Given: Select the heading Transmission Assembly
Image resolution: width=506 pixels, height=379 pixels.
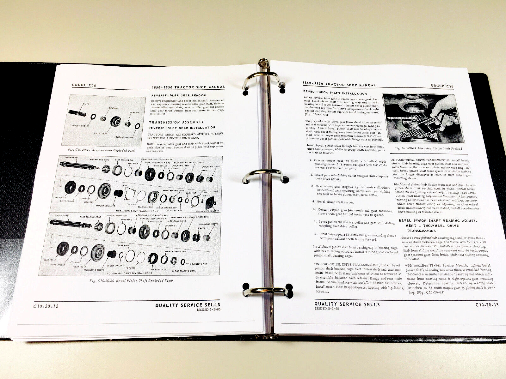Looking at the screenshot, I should (x=176, y=122).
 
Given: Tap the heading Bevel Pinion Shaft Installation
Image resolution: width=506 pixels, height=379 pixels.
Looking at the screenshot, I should (x=335, y=93).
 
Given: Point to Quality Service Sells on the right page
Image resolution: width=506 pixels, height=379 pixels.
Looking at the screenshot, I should (x=347, y=304).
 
